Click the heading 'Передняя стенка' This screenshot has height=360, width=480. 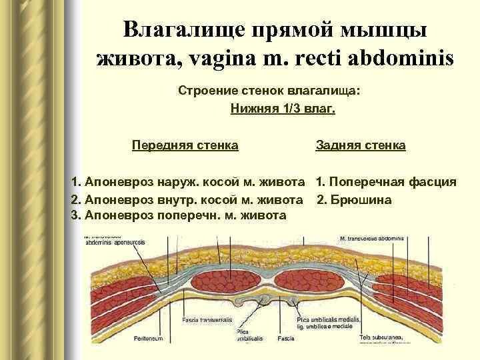[x=185, y=145]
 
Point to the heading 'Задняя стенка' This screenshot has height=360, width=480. [x=360, y=145]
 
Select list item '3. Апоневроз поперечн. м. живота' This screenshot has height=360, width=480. [x=178, y=215]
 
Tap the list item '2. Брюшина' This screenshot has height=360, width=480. [x=354, y=199]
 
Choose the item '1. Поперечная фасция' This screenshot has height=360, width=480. [x=386, y=181]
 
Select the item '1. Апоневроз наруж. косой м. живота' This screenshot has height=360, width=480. [x=189, y=181]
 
